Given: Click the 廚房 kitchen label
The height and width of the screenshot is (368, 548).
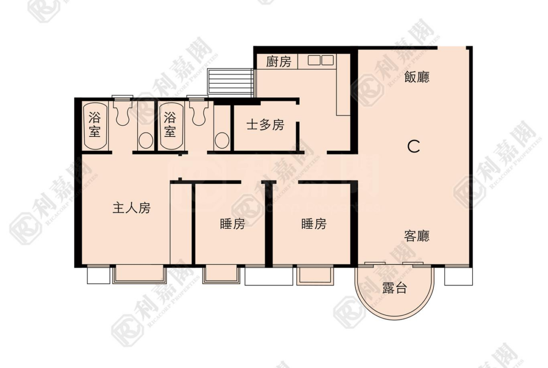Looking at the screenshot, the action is [x=279, y=62].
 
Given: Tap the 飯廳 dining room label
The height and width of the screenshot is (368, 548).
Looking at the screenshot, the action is [x=416, y=77].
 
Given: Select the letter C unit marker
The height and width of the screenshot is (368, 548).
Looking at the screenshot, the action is [x=414, y=146].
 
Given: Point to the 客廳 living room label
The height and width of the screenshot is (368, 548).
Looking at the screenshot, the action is [x=416, y=236].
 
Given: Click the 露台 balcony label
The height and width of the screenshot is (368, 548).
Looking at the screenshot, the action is [x=394, y=288].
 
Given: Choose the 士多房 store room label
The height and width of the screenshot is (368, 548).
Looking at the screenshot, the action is [x=265, y=125].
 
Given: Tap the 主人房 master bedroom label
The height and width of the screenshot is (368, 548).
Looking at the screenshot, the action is [x=132, y=208].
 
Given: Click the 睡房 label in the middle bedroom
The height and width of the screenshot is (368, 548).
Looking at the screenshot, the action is [x=232, y=224].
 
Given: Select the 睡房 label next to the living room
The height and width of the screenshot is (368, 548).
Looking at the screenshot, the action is [x=314, y=224].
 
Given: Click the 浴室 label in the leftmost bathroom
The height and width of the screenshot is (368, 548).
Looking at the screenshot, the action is [x=94, y=125].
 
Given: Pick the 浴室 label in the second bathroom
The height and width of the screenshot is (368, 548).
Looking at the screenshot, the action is [x=170, y=125].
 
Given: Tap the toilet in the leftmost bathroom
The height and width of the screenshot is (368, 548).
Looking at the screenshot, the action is [x=122, y=111].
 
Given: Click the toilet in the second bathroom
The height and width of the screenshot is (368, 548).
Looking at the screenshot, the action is [x=198, y=111].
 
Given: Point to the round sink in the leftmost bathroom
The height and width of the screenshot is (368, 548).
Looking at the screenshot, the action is [x=146, y=141].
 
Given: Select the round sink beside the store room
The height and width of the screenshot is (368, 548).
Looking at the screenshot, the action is [x=222, y=141].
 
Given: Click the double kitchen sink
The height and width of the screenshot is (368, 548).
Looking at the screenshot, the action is [x=320, y=60].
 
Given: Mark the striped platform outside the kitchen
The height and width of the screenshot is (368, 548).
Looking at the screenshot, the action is [x=230, y=83].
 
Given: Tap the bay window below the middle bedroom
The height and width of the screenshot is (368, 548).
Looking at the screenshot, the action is [x=221, y=274].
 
